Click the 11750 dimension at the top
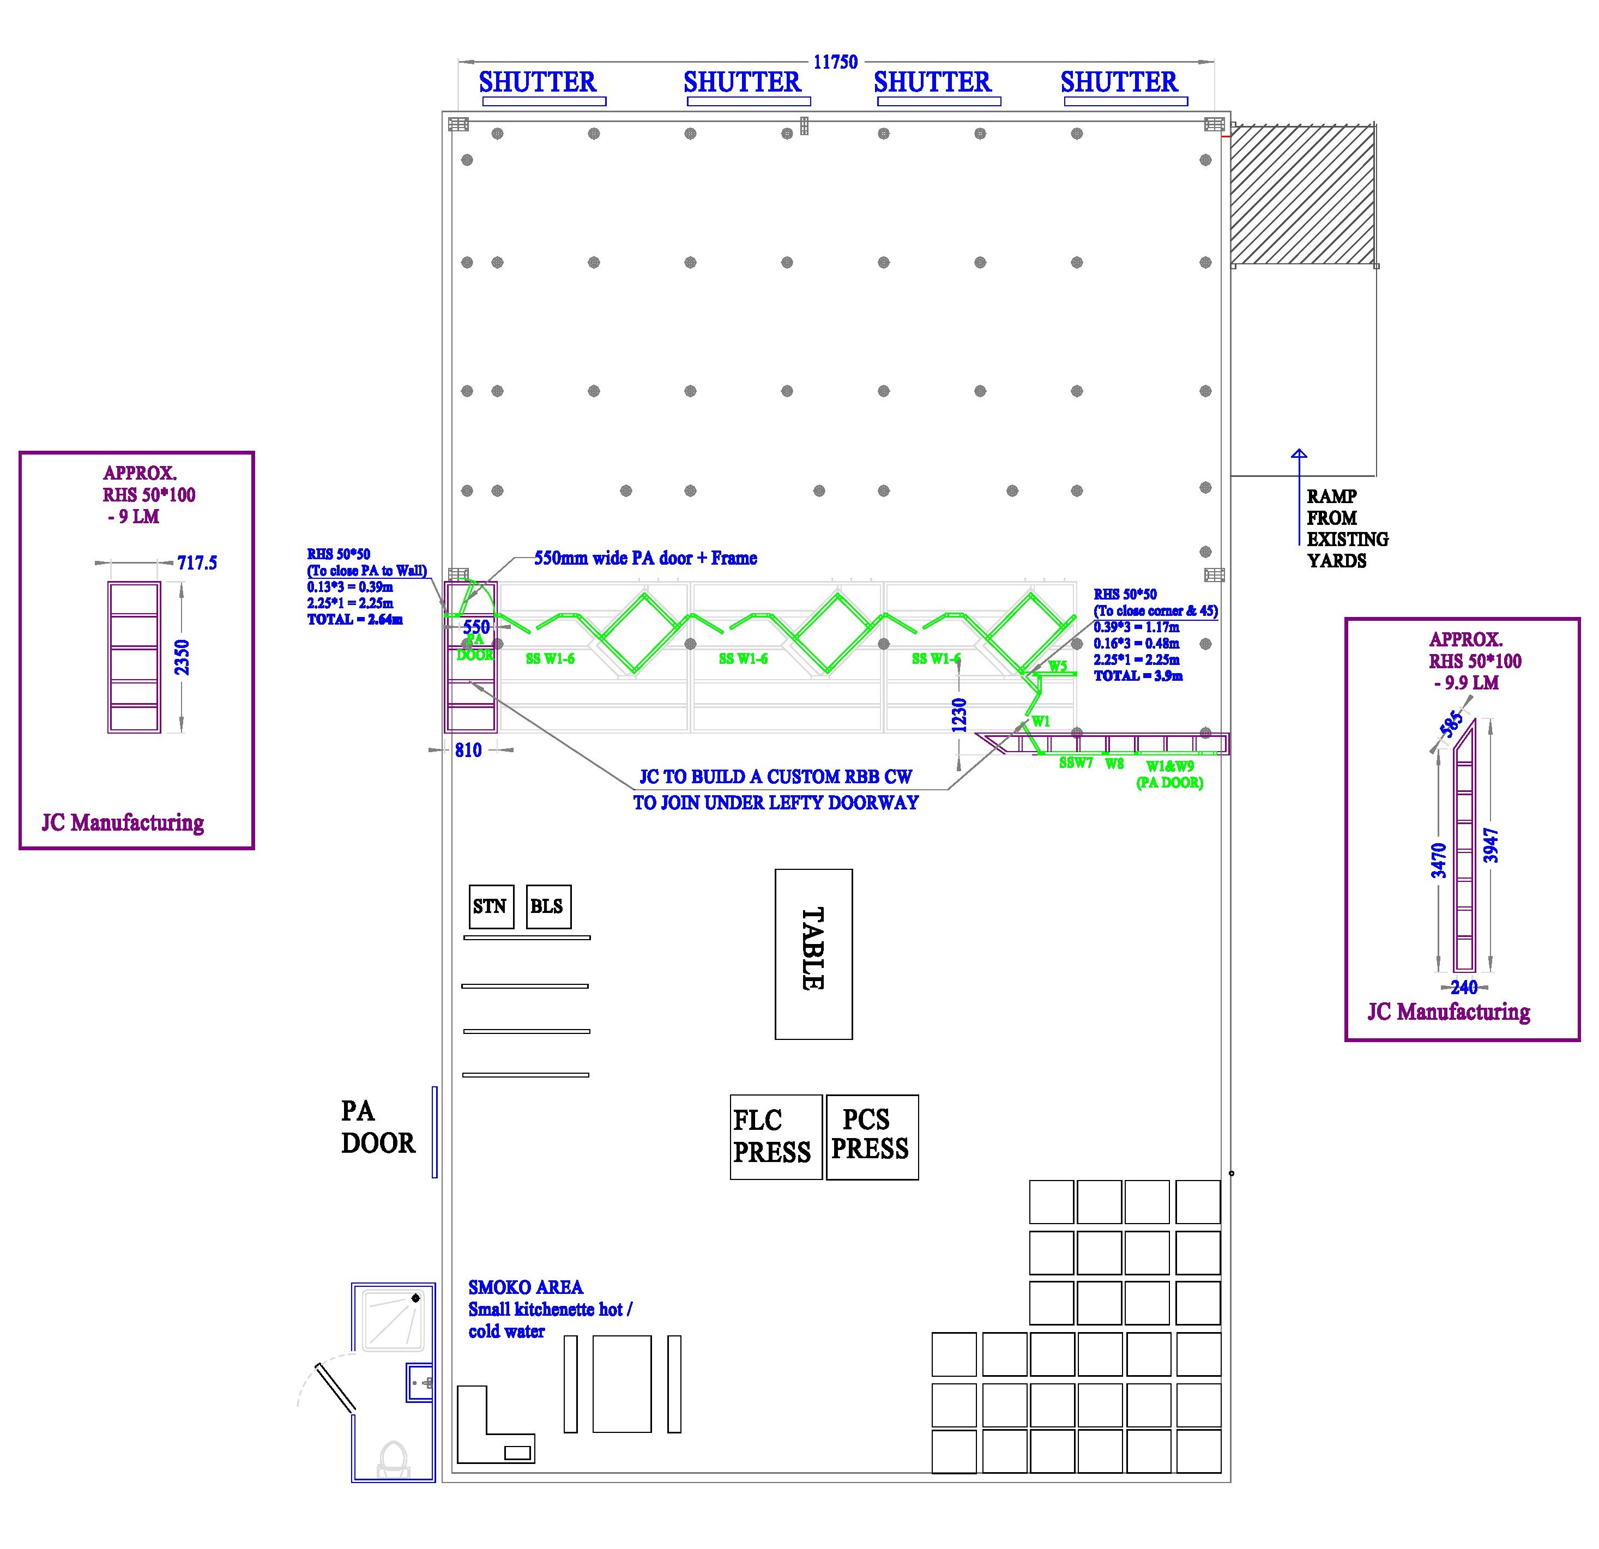point(835,62)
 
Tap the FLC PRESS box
point(775,1136)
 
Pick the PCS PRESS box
point(871,1136)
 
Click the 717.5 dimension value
point(197,563)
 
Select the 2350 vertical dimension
point(183,657)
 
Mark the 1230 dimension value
point(960,715)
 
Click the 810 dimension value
point(468,751)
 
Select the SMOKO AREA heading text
point(526,1287)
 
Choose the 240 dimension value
point(1464,987)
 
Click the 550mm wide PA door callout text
point(645,559)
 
